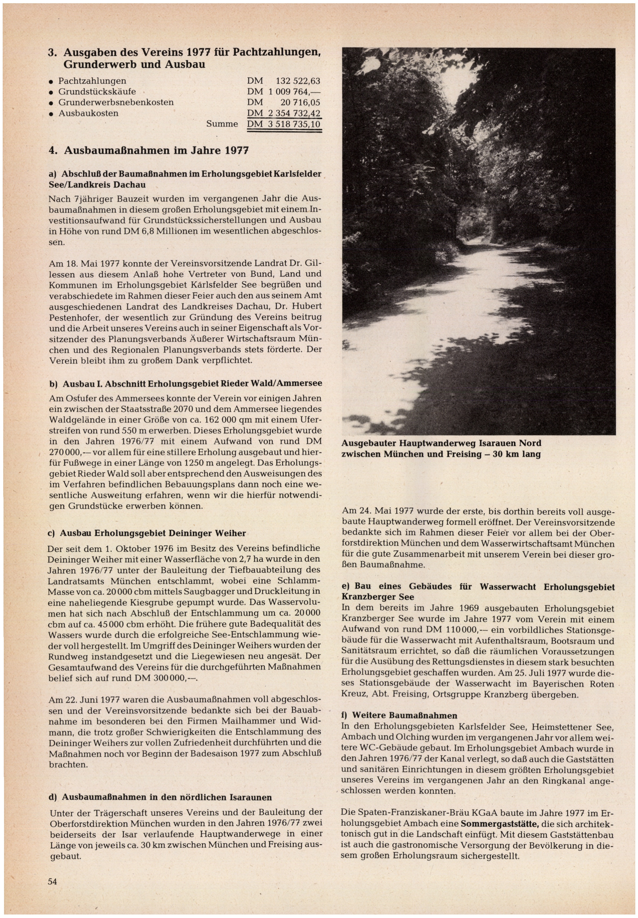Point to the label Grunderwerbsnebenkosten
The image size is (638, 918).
click(x=116, y=102)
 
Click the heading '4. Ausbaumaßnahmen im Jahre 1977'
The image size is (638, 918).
click(x=148, y=151)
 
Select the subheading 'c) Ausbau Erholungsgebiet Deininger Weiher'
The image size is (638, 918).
click(x=147, y=533)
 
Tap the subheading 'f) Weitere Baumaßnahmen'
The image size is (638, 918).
click(x=399, y=715)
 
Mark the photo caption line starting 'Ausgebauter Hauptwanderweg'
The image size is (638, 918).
click(x=441, y=443)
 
